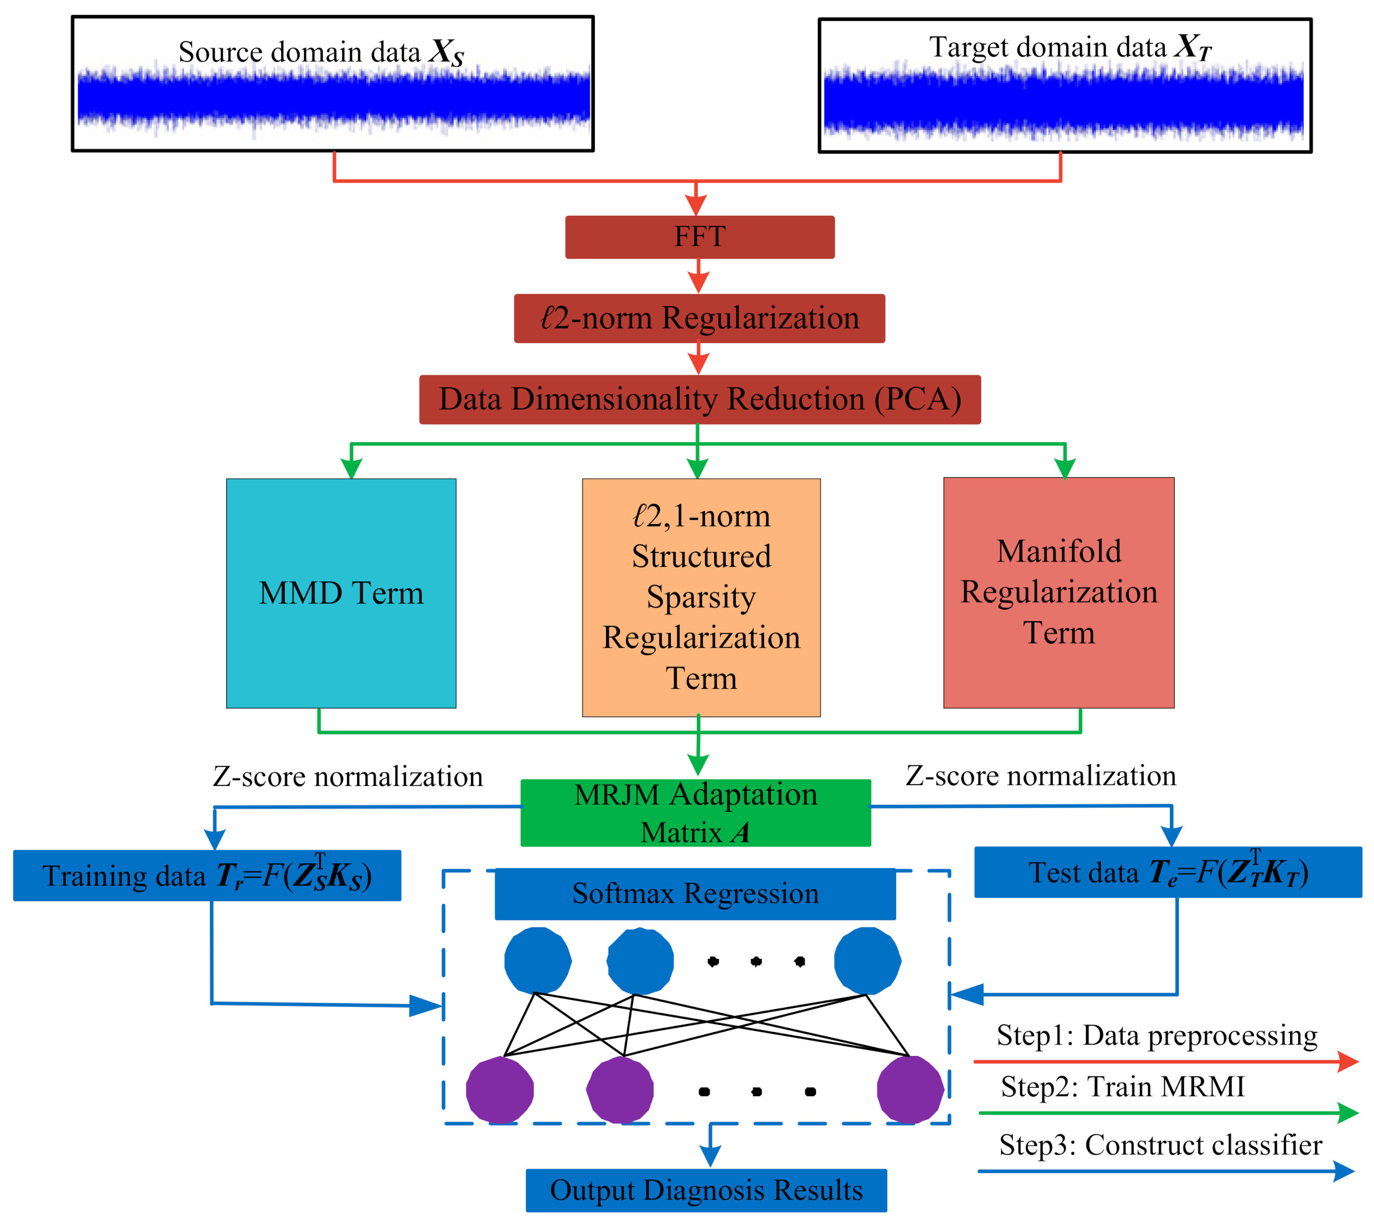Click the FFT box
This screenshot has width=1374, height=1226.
[699, 237]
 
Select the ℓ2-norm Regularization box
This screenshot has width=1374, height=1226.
[699, 319]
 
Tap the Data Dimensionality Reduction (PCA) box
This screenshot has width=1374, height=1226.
[699, 400]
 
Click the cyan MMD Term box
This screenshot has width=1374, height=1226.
[341, 593]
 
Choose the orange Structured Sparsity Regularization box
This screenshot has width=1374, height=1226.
[702, 597]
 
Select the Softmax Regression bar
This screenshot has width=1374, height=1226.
[695, 894]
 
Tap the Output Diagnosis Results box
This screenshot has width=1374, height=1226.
[706, 1190]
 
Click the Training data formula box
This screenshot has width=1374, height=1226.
[207, 876]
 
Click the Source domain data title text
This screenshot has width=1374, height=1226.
[321, 53]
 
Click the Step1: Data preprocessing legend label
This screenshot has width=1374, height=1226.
[1157, 1035]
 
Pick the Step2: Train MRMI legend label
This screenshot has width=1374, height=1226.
[1123, 1087]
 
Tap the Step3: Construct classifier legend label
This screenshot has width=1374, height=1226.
[1160, 1145]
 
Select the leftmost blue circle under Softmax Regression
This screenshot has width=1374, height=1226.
[538, 961]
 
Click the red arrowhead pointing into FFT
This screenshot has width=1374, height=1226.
[695, 205]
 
